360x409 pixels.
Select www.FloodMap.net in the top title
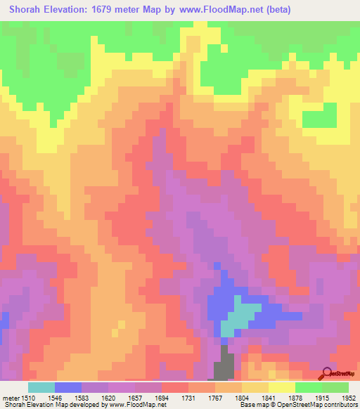coord(214,10)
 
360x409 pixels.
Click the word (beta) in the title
coord(274,10)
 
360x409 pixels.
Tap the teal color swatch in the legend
coord(41,387)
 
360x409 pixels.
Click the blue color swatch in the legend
coord(68,387)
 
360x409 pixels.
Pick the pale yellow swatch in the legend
coord(282,387)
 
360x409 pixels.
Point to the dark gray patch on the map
coord(224,366)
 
